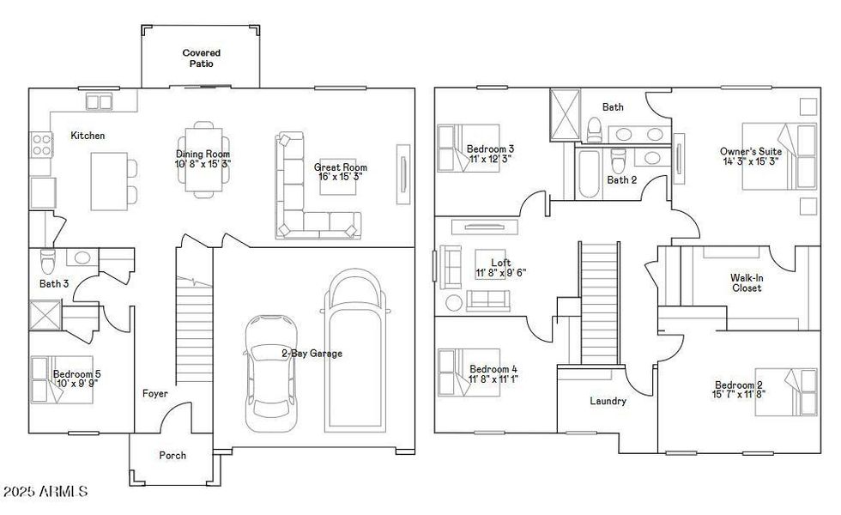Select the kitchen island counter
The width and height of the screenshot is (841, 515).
coord(109,180)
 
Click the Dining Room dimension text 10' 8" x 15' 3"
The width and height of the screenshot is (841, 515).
coord(203,163)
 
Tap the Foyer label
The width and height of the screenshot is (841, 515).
coord(155,394)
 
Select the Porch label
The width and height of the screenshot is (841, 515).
coord(172,455)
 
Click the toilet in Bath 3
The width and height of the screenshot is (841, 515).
coord(48,258)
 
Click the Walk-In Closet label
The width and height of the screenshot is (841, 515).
coord(746,283)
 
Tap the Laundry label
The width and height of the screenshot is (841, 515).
coord(608,401)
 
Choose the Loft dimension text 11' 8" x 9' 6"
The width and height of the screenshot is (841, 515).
coord(500,273)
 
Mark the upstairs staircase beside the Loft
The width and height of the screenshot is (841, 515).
coord(600,303)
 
